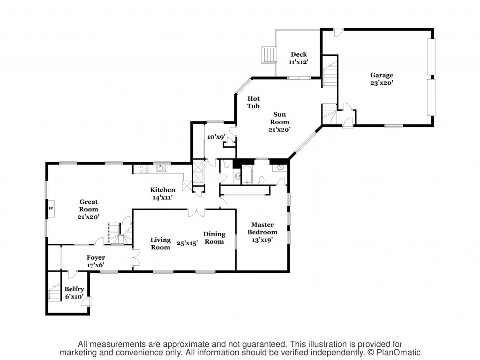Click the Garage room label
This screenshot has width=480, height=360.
[382, 75]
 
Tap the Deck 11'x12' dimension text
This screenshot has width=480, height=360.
[298, 62]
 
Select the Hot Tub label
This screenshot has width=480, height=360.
[254, 102]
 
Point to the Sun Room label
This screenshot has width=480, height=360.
[279, 118]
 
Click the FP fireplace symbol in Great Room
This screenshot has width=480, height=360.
[51, 209]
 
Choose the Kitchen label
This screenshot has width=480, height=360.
[163, 190]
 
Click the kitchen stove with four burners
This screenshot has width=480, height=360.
[144, 169]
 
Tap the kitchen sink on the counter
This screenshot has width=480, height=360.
[162, 168]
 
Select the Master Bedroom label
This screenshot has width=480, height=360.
[262, 228]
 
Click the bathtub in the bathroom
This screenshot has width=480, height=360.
[247, 174]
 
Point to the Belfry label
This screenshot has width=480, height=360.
[74, 289]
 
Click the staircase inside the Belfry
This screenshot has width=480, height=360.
[55, 292]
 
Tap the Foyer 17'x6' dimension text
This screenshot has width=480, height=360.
[96, 265]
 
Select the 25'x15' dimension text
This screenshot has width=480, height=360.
[187, 243]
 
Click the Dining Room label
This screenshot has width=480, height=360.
[214, 238]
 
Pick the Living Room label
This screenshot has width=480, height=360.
[160, 243]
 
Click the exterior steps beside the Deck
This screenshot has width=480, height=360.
[269, 55]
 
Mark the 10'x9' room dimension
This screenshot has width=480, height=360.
[216, 137]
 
